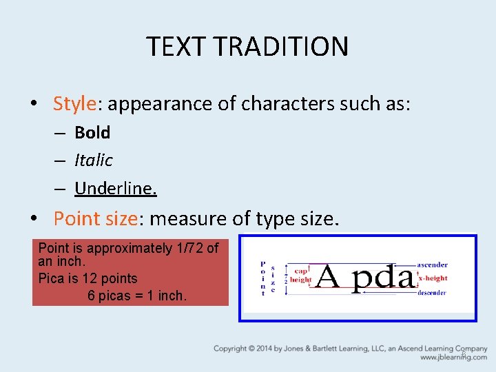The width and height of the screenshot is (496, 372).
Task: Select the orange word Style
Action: tap(74, 104)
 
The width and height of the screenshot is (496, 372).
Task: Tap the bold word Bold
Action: tap(92, 132)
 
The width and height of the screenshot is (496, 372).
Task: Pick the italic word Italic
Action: tap(93, 160)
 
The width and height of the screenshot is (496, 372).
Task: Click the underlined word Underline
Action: tap(115, 188)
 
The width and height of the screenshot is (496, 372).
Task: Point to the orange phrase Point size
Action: tap(96, 218)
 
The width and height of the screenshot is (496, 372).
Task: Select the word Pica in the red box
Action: tap(52, 278)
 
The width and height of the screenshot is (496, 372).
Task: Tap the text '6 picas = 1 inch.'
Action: tap(137, 296)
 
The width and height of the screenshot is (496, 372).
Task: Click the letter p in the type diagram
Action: tap(362, 280)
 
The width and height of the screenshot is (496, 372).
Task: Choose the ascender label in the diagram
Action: tap(432, 265)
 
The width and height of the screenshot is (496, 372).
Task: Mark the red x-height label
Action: tap(433, 278)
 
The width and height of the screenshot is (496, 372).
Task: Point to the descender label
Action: tap(431, 293)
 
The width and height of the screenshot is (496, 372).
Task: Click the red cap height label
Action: tap(300, 276)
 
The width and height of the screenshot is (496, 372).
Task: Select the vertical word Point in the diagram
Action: tap(262, 278)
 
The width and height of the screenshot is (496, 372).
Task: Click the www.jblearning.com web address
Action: tap(453, 358)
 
